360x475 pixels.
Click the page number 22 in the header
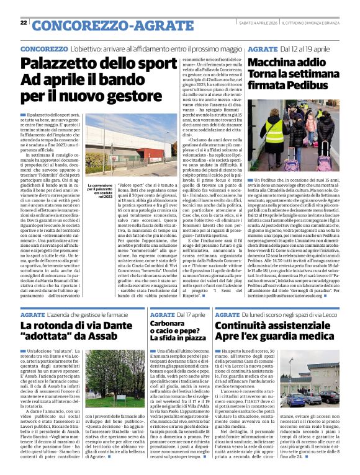24,23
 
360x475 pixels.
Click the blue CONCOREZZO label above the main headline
43,48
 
